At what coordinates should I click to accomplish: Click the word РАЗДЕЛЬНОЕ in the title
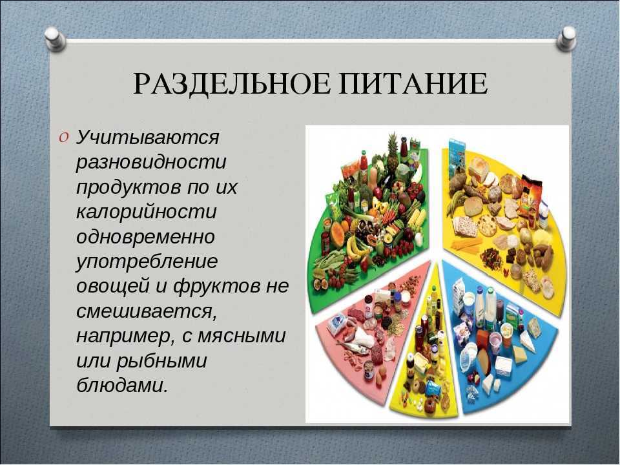pos(231,83)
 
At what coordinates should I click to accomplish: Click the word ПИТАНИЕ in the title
pos(413,83)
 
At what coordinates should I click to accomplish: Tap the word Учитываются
pos(147,138)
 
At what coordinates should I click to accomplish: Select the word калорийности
pos(147,212)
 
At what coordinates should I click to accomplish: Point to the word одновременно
pos(145,237)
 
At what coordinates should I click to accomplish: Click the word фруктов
pos(216,286)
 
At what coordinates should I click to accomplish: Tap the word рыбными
pos(161,362)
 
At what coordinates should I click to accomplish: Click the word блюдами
pos(122,386)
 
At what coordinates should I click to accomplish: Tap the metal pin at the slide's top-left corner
pos(54,39)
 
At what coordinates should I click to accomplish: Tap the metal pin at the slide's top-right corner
pos(566,39)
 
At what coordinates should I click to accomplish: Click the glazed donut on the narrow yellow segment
pos(428,404)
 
